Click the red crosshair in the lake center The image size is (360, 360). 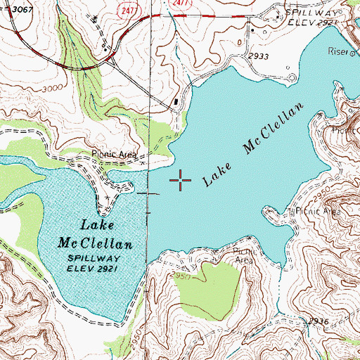181,181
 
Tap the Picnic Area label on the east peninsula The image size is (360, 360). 316,210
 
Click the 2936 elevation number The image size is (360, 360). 318,321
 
